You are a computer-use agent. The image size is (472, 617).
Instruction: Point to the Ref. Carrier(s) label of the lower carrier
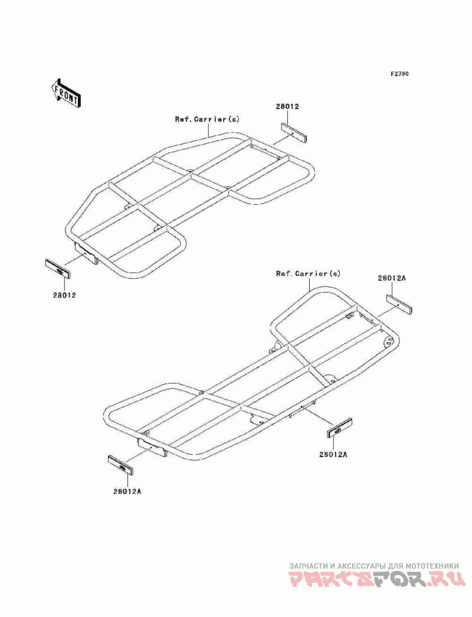pos(309,274)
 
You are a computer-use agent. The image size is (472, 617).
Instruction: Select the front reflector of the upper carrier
pos(58,270)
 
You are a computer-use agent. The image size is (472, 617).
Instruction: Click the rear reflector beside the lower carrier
pos(399,305)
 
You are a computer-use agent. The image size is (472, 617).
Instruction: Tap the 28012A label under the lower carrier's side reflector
pos(333,454)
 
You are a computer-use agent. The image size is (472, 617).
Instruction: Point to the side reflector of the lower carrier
pos(339,428)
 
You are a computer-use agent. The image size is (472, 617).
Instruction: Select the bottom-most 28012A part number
pos(127,491)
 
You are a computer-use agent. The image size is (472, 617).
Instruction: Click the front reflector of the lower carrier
pos(121,466)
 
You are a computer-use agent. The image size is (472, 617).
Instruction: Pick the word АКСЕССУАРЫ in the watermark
pos(361,565)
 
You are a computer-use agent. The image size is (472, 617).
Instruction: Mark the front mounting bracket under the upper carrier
pos(86,252)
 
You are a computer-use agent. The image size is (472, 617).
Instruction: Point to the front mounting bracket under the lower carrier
pos(152,449)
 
